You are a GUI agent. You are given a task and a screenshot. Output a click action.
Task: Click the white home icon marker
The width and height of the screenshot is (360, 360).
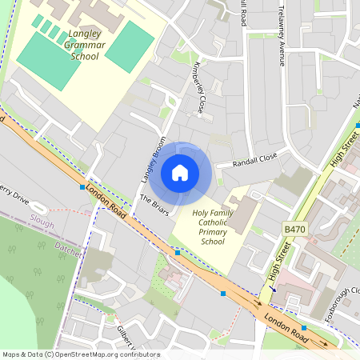pos(180,172)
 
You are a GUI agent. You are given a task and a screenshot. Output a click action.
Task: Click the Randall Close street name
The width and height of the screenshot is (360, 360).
pos(254,160)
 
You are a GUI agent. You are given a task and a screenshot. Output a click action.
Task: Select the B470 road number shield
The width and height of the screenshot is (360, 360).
pos(295,230)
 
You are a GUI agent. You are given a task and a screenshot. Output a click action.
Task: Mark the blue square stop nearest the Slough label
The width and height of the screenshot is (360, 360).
pos(82,187)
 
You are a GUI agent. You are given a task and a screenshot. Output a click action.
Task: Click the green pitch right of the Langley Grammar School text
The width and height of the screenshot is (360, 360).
pos(129,46)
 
